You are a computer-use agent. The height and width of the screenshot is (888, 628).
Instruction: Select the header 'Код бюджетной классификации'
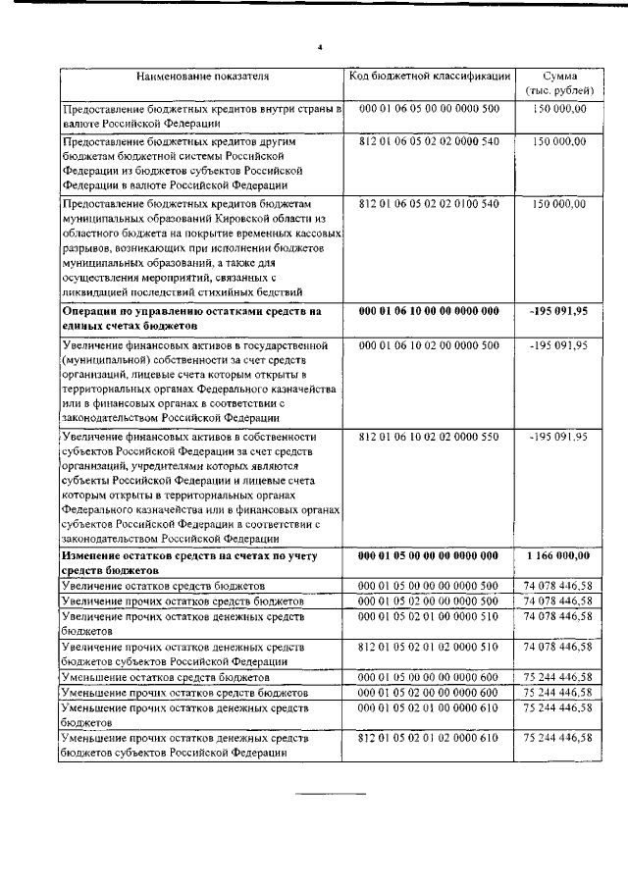coord(429,76)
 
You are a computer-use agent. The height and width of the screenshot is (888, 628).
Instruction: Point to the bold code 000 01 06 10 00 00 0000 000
coord(429,311)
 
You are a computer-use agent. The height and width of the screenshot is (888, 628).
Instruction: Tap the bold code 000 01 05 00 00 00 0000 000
coord(429,555)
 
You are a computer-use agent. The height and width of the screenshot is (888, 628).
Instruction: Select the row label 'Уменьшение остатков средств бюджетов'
coord(165,677)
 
